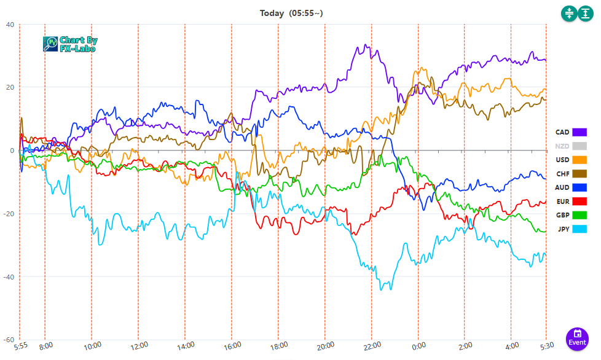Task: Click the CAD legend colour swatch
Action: tap(579, 132)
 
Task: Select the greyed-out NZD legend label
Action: tap(562, 146)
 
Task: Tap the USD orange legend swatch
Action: tap(579, 160)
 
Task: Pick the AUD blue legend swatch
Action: tap(579, 187)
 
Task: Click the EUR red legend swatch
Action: tap(579, 202)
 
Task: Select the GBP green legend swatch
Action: tap(579, 215)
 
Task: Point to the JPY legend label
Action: tap(564, 229)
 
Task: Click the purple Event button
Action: tap(578, 338)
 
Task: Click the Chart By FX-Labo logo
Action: tap(70, 44)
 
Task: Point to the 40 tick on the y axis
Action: tap(10, 25)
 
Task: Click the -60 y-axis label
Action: tap(9, 340)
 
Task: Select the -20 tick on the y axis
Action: tap(9, 214)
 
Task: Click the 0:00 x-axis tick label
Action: tap(418, 346)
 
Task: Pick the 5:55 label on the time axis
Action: tap(21, 346)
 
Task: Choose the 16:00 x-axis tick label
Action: tap(232, 346)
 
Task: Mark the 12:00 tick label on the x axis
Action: tap(138, 346)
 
